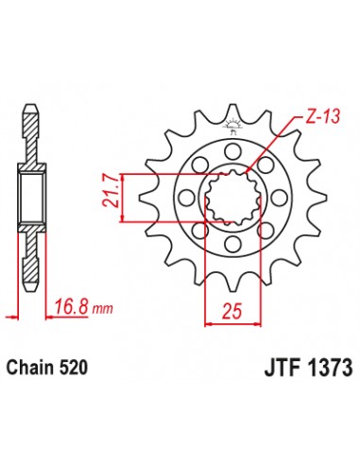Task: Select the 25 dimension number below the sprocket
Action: tap(231, 309)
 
